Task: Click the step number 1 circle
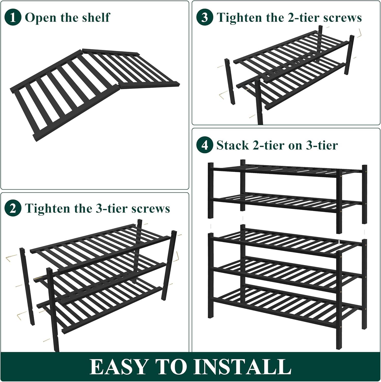click(x=13, y=17)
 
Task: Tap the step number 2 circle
click(x=13, y=209)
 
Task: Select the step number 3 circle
click(x=205, y=17)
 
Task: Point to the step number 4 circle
click(x=205, y=145)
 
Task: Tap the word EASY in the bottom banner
click(x=118, y=367)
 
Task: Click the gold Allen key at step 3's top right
click(x=359, y=33)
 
